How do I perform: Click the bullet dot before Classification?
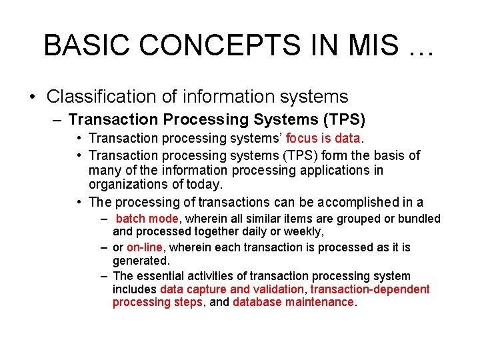(x=32, y=97)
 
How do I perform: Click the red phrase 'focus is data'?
(x=323, y=139)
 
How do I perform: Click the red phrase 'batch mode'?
(x=147, y=219)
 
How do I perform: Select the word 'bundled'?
(x=419, y=219)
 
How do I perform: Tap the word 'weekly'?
(x=305, y=232)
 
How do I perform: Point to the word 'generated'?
(x=141, y=261)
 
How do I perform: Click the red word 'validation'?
(x=279, y=289)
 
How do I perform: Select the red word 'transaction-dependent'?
(x=370, y=289)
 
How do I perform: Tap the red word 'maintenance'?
(x=319, y=302)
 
